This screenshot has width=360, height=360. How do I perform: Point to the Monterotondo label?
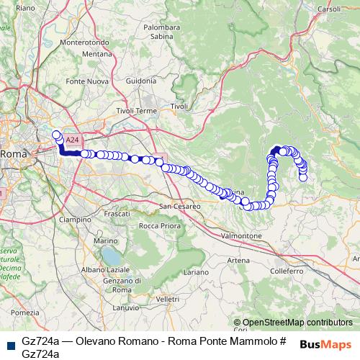coord(85,42)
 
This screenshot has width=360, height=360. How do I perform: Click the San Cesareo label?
coord(179,206)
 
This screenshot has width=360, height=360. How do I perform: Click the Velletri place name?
coord(166,298)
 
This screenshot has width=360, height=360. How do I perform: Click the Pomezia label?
coord(24,312)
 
